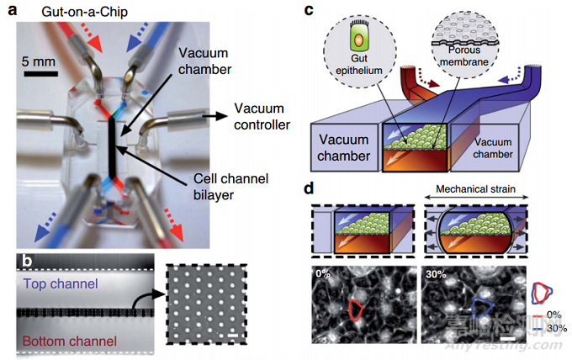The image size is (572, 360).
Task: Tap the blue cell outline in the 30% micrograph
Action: tap(479, 310)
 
